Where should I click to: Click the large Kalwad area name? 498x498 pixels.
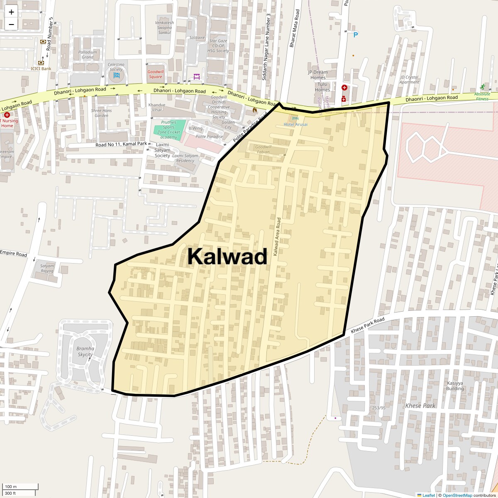click(x=227, y=257)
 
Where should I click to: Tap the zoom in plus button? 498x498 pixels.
click(x=11, y=12)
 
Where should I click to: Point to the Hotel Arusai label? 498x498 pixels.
click(x=295, y=124)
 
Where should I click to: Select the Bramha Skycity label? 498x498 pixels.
click(x=85, y=352)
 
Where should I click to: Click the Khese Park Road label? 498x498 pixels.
click(x=368, y=325)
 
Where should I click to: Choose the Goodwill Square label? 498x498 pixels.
click(x=156, y=74)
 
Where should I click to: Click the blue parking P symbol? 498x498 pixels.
click(x=355, y=35)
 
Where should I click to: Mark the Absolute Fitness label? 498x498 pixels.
click(x=482, y=96)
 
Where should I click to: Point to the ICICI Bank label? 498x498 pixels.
click(x=41, y=68)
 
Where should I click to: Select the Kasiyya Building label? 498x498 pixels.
click(x=455, y=386)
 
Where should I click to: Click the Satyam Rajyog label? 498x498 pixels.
click(x=47, y=268)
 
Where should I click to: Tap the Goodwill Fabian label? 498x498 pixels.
click(x=262, y=149)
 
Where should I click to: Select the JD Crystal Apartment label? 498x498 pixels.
click(x=409, y=80)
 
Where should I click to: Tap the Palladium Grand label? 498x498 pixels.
click(x=88, y=54)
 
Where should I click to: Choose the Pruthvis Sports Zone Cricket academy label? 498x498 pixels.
click(x=169, y=129)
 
